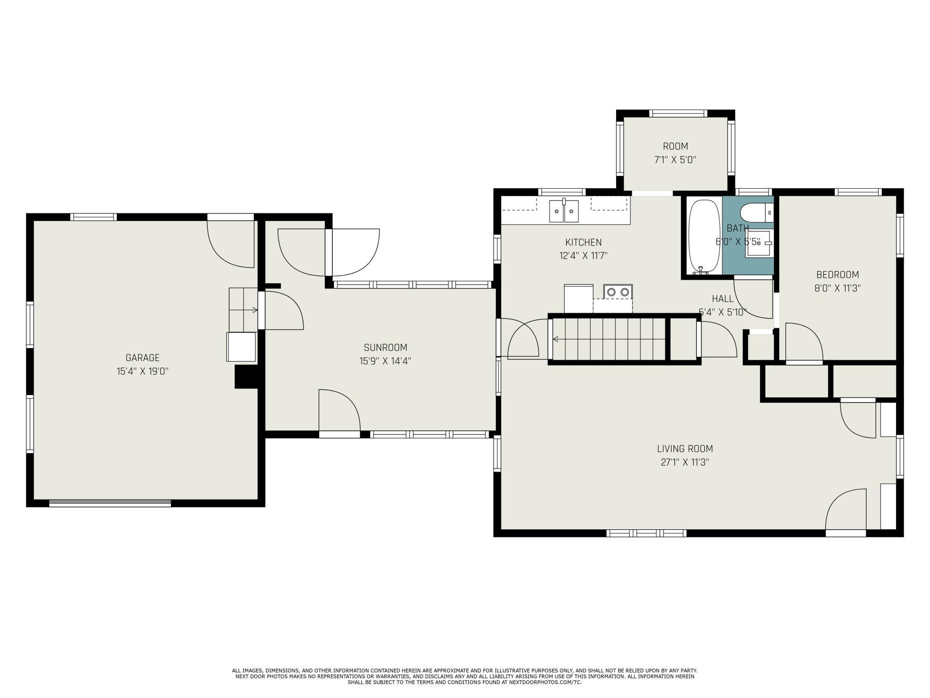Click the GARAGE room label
(x=142, y=358)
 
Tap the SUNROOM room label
(x=385, y=347)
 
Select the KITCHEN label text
(x=583, y=242)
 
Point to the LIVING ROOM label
(x=685, y=448)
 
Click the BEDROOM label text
(x=837, y=274)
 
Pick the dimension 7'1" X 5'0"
(x=675, y=160)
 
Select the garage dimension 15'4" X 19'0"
(x=142, y=371)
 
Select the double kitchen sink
(x=564, y=211)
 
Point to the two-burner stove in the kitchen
(x=618, y=292)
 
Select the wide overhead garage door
(x=110, y=503)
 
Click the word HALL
(x=723, y=298)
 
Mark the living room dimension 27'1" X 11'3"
(x=685, y=462)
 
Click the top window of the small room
(x=678, y=113)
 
